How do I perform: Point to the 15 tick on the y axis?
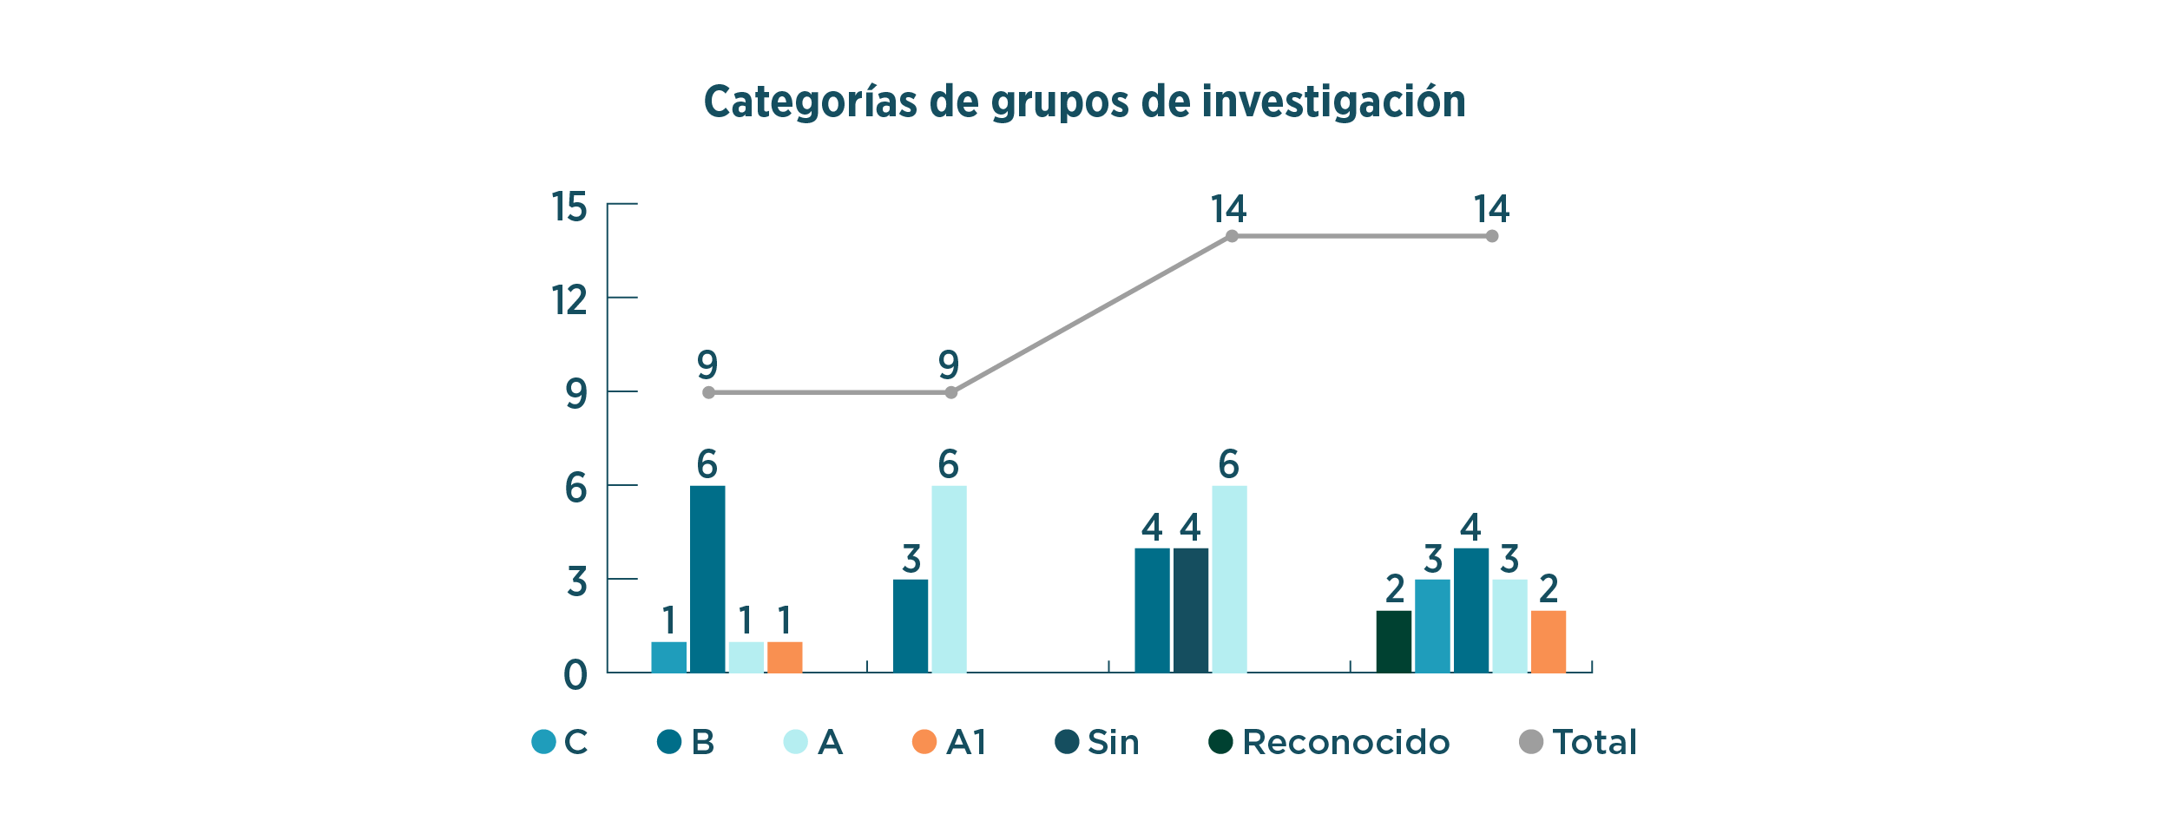pos(569,207)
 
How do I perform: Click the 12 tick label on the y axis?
pos(569,300)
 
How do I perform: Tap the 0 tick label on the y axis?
pos(575,675)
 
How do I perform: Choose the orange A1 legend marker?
pos(924,742)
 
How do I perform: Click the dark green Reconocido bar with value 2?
pos(1393,641)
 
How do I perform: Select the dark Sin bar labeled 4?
pos(1190,610)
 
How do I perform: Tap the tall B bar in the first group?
pos(707,579)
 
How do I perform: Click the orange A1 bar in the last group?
pos(1548,641)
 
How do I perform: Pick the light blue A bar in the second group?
pos(949,579)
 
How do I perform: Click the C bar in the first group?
pos(668,657)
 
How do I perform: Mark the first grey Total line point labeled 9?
pos(708,392)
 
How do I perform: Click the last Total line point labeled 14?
pos(1491,236)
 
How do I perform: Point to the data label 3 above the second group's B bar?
pos(911,559)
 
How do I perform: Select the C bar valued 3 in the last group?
pos(1432,626)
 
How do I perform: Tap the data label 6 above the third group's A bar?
pos(1228,464)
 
